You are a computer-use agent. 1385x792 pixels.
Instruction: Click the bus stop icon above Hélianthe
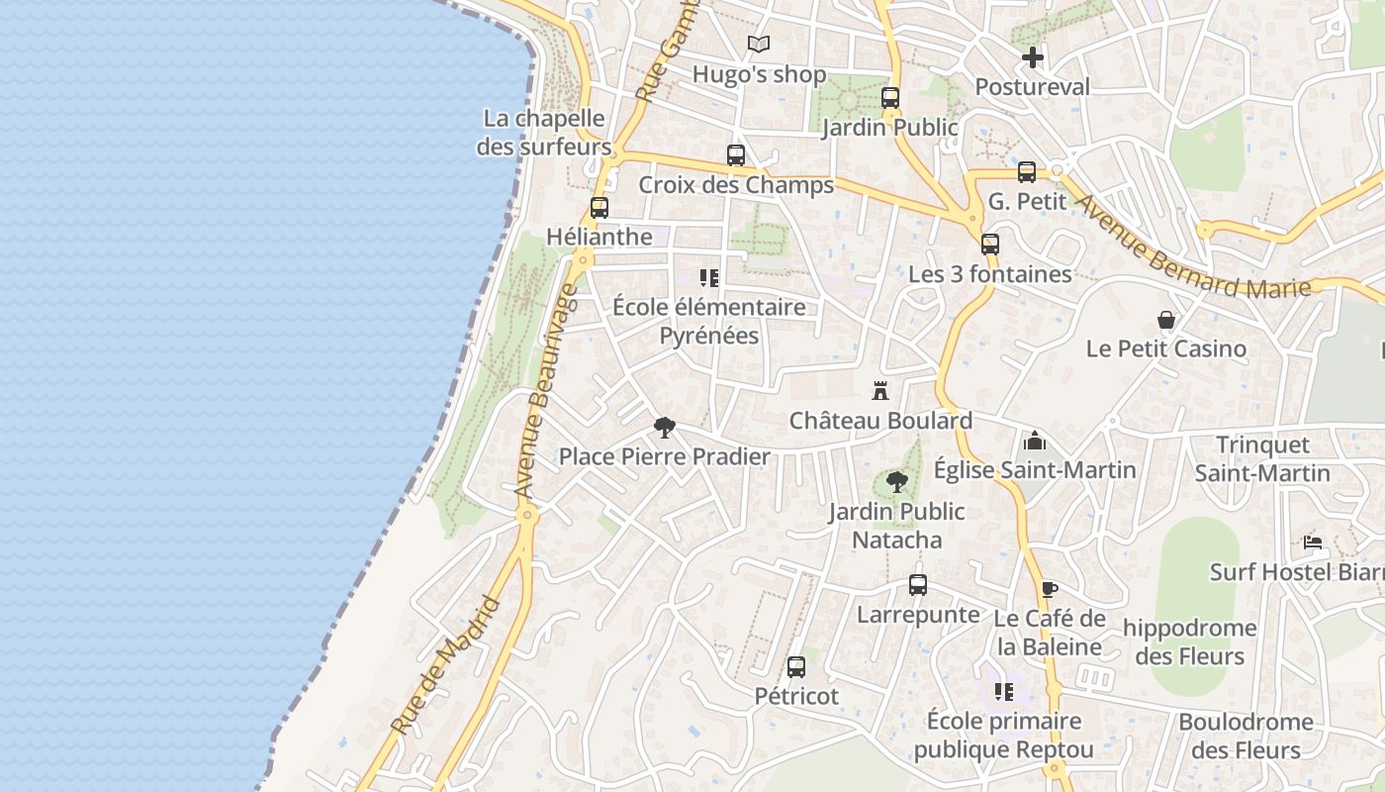[600, 208]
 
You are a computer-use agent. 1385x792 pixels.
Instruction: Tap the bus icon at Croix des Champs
[736, 155]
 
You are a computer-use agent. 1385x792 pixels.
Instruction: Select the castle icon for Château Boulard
[880, 391]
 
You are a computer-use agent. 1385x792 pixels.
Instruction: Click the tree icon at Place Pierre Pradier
[665, 428]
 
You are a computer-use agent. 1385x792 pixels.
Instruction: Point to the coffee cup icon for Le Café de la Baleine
[1049, 590]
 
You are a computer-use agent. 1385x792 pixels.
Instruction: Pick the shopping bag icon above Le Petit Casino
[1166, 320]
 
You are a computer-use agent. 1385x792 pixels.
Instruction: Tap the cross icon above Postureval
[1033, 57]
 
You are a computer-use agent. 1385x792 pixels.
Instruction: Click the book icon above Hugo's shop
[759, 45]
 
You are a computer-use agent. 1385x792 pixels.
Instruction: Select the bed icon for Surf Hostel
[1313, 542]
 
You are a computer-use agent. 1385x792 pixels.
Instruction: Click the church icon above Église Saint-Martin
[1035, 441]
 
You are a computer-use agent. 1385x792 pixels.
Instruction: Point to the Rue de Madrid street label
[447, 665]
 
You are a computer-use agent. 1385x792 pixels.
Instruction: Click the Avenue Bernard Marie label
[1192, 246]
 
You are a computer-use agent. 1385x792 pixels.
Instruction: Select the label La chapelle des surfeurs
[544, 133]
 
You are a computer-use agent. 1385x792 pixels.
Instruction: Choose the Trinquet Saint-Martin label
[1262, 458]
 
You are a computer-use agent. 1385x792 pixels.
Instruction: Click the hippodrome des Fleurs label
[1189, 642]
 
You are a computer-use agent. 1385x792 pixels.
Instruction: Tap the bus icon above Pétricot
[796, 667]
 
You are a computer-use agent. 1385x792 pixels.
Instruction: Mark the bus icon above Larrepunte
[918, 585]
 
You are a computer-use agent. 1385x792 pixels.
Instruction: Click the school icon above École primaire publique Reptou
[1004, 692]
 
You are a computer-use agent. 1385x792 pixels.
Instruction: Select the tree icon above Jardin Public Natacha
[897, 482]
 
